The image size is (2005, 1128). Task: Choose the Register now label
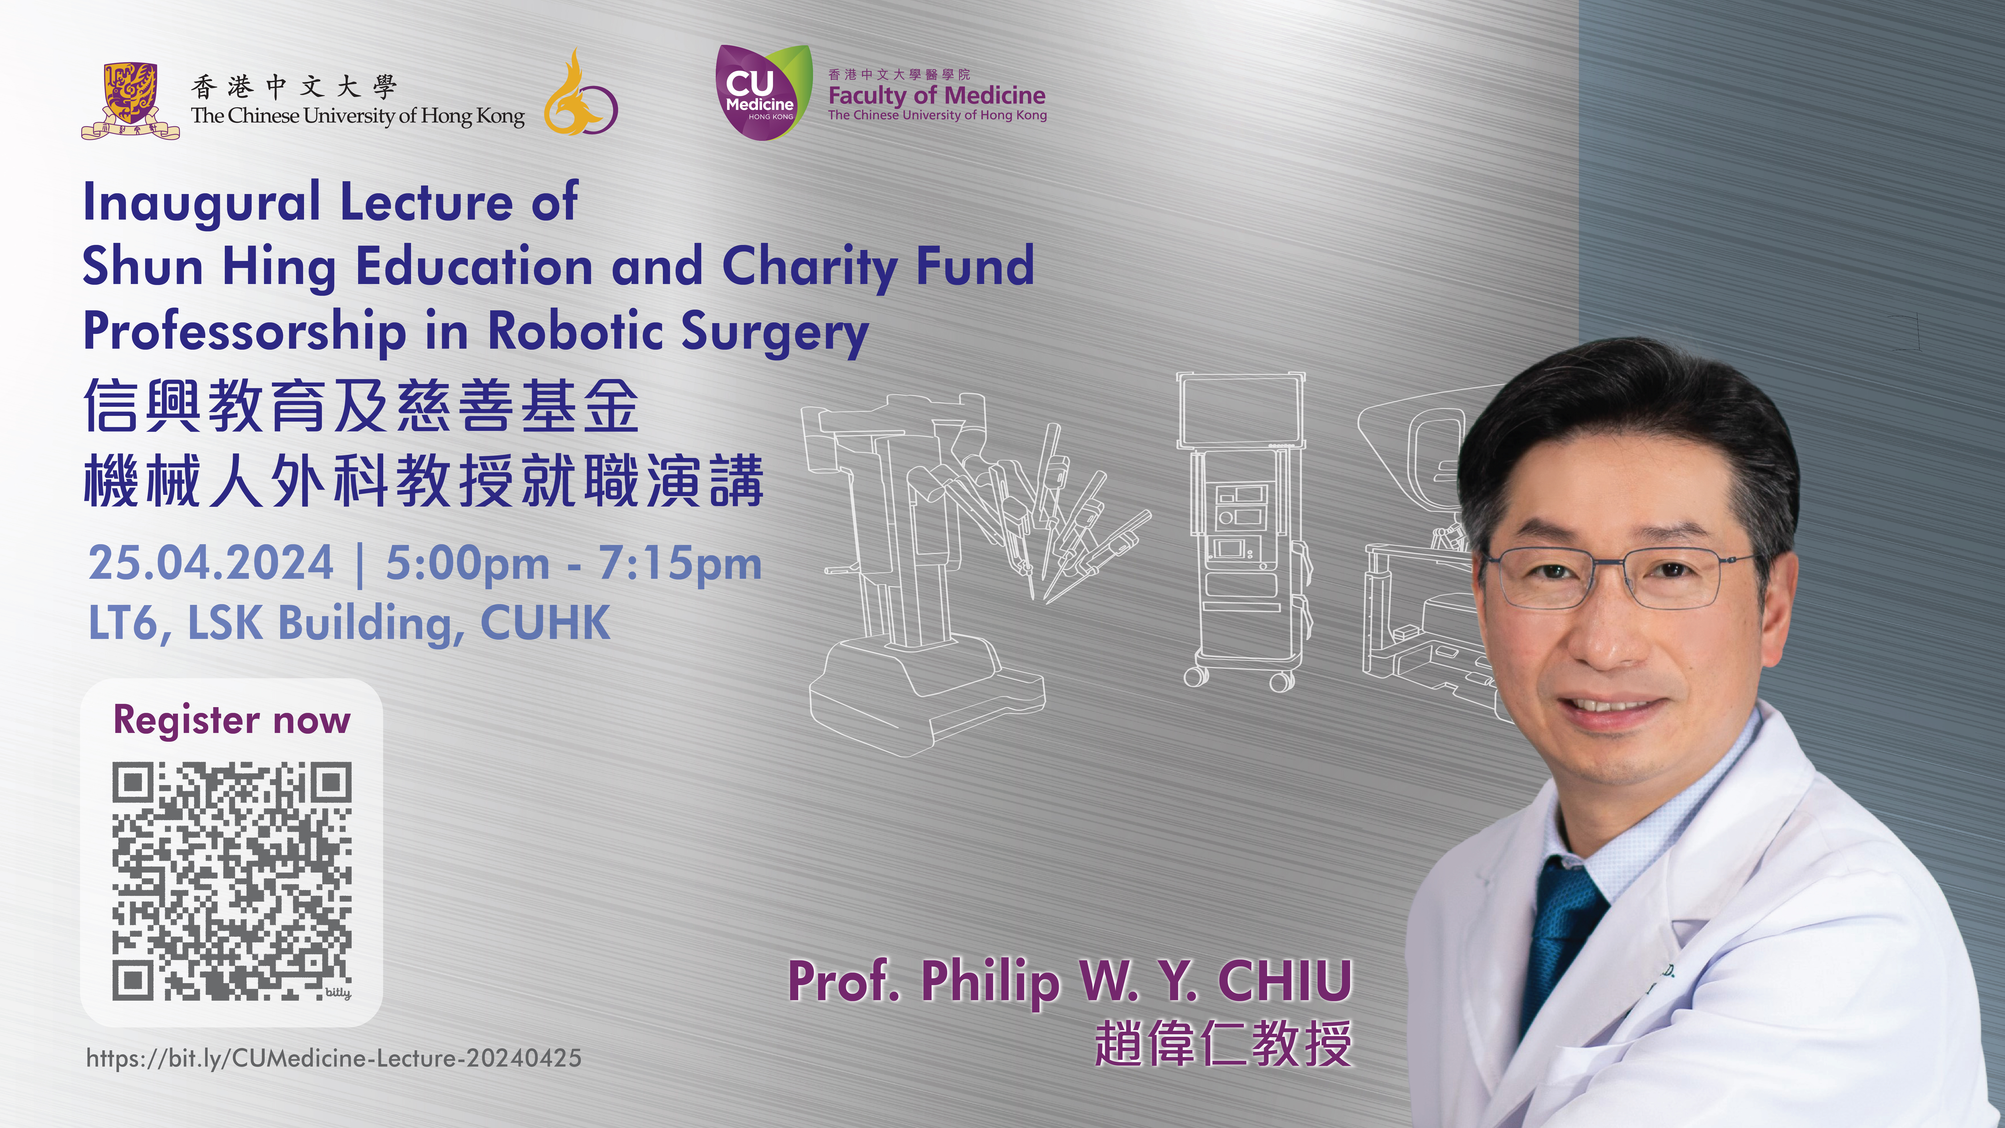pos(232,720)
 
